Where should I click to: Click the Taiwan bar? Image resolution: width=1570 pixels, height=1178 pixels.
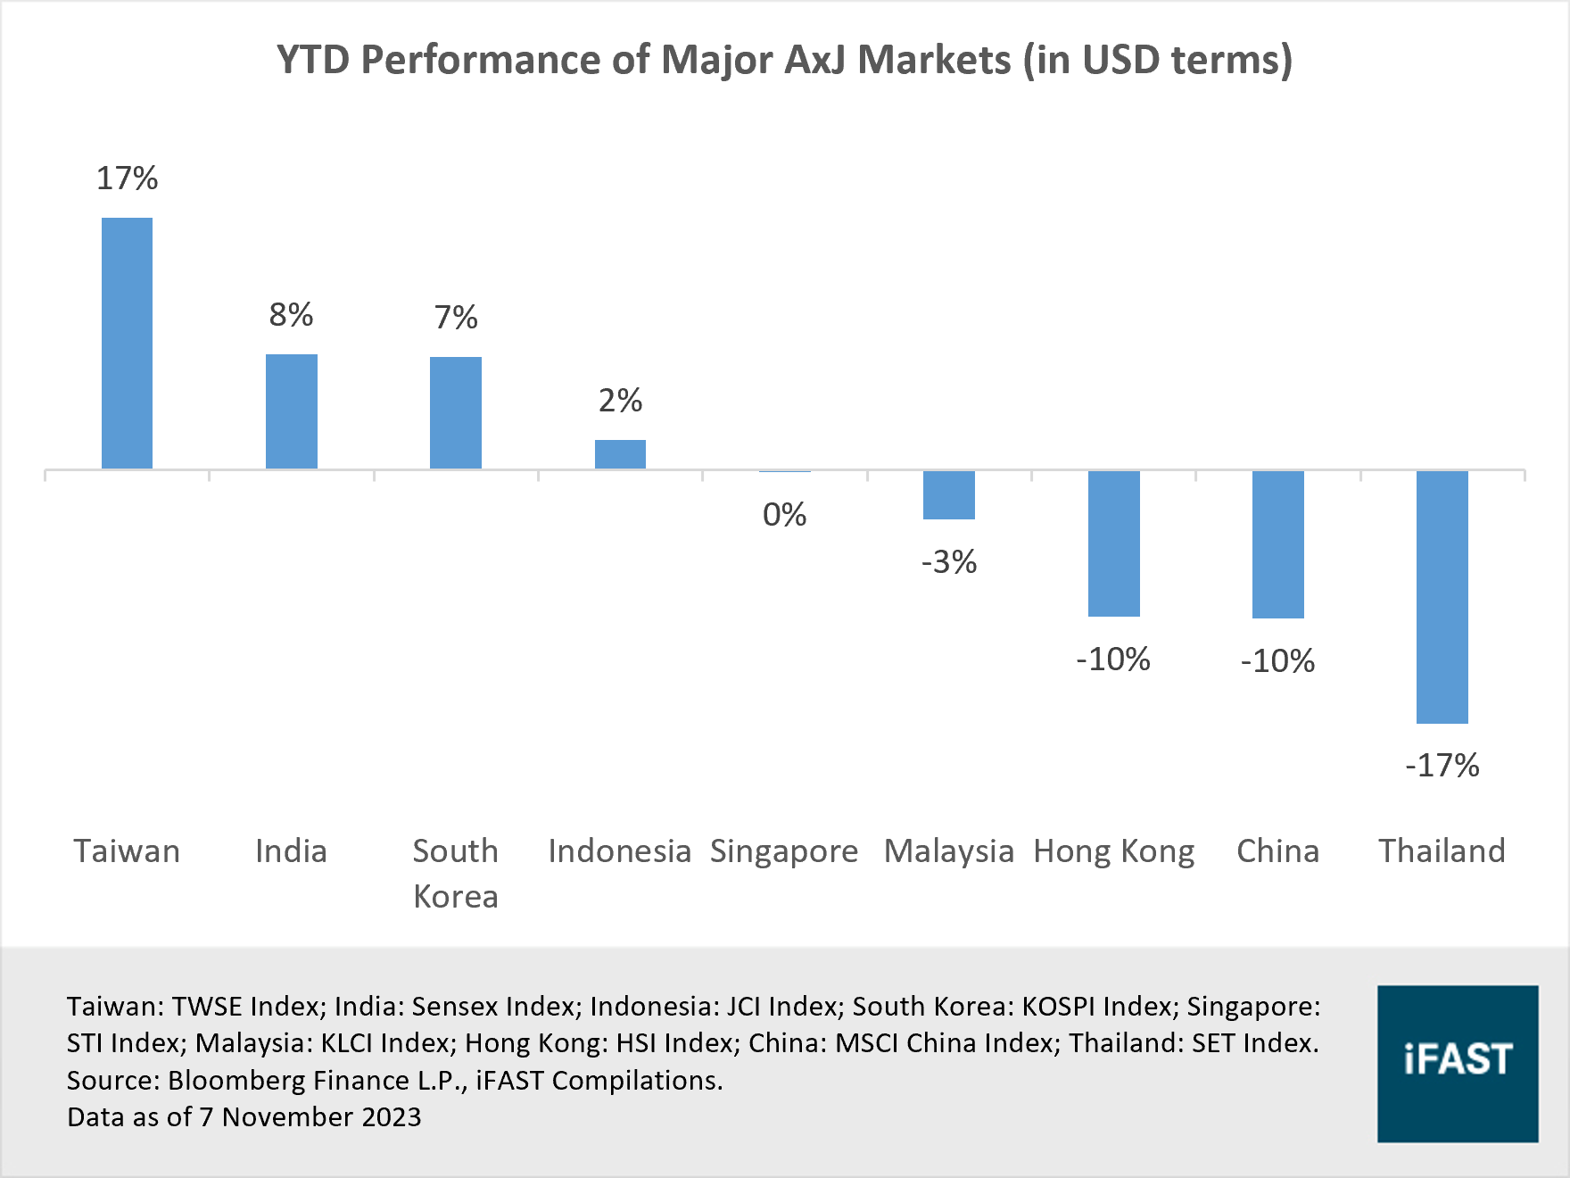coord(127,344)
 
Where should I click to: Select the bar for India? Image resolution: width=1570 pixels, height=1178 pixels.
coord(292,411)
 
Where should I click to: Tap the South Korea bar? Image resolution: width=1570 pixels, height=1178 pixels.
coord(456,413)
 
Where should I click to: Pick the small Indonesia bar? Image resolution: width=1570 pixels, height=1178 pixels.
coord(620,454)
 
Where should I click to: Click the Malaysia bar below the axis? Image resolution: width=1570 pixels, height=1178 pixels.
coord(949,494)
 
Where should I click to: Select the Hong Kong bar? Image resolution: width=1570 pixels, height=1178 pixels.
coord(1113,543)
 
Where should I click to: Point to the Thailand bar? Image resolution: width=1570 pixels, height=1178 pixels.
coord(1442,596)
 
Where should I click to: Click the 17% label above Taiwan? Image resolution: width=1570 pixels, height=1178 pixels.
coord(127,178)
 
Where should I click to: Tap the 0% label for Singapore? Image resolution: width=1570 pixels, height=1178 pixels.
coord(784,515)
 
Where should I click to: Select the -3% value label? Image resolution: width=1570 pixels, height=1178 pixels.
coord(949,562)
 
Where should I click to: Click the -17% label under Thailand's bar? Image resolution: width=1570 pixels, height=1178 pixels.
coord(1442,766)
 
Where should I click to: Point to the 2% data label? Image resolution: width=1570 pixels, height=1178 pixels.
coord(620,401)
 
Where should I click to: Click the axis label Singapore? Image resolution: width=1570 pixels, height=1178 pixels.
coord(784,851)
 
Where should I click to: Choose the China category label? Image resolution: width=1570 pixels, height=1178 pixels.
coord(1277,851)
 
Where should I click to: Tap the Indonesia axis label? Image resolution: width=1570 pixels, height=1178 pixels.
coord(620,851)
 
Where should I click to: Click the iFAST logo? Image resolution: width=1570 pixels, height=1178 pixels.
coord(1458,1063)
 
